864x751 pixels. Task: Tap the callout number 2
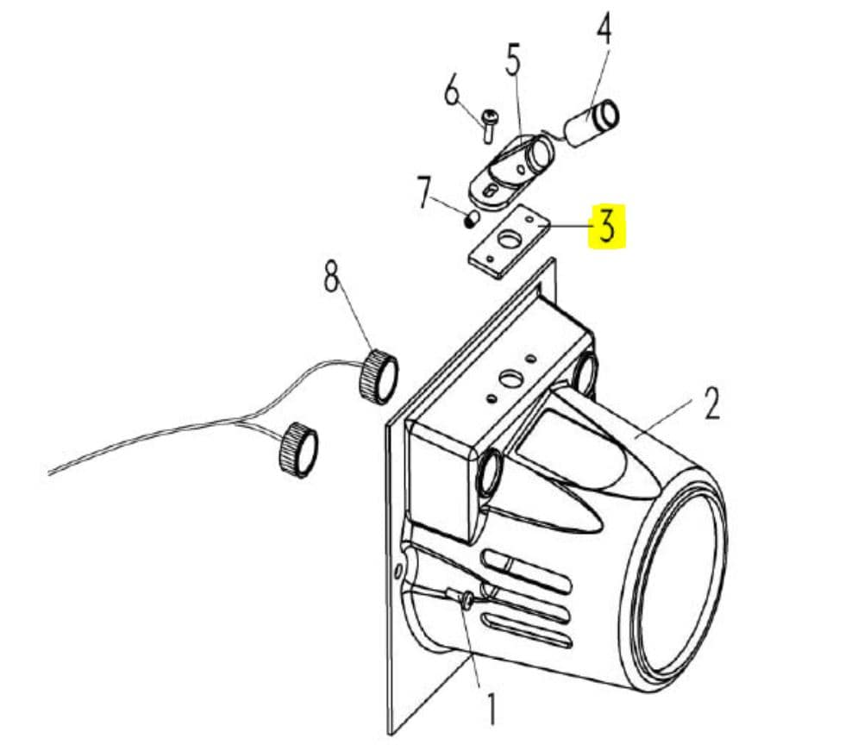(712, 404)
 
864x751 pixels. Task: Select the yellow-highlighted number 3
(607, 225)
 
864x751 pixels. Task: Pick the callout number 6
(452, 91)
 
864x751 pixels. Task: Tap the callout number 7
(423, 192)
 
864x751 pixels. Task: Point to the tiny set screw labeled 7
(470, 221)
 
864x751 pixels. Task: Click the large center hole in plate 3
(509, 240)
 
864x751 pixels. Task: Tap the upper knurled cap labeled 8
(379, 378)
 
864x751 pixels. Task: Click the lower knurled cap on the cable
(299, 449)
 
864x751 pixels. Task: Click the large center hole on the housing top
(510, 379)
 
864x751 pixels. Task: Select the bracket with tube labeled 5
(512, 170)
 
